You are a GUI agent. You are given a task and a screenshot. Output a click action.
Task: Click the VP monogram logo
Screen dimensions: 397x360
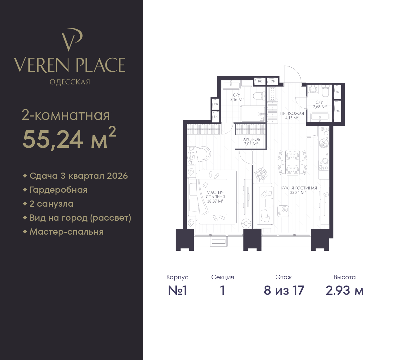pos(72,39)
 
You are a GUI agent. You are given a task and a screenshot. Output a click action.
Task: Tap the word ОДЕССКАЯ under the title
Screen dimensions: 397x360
pos(70,82)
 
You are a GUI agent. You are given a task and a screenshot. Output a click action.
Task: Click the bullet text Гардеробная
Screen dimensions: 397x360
pos(58,190)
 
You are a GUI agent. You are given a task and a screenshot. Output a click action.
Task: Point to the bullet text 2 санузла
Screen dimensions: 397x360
pos(51,204)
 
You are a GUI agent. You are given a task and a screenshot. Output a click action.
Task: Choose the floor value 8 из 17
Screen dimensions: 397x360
pos(284,290)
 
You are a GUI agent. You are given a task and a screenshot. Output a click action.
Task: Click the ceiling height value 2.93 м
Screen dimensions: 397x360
pos(344,290)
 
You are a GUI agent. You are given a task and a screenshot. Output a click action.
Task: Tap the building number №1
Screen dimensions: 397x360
pos(177,290)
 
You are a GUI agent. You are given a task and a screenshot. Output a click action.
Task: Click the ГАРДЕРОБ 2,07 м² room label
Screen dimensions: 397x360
pos(251,142)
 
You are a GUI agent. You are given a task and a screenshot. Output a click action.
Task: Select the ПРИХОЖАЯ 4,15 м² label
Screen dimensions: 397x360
pos(292,115)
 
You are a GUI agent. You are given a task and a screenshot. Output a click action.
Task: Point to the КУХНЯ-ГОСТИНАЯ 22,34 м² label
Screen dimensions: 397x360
pos(298,190)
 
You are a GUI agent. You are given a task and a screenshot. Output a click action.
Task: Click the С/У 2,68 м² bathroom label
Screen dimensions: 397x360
pos(320,104)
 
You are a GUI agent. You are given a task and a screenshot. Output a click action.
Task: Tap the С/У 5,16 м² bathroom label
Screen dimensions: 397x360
pos(237,97)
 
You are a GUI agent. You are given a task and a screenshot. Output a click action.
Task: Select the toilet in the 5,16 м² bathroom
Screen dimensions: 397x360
pos(259,96)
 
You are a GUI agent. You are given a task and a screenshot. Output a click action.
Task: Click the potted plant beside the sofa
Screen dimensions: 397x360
pos(261,174)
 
